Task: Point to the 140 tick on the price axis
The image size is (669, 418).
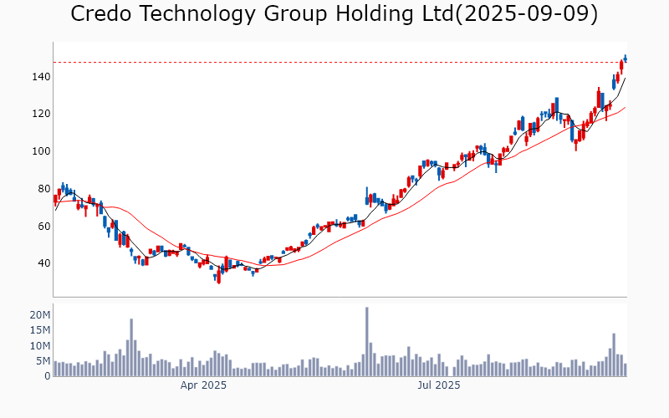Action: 42,76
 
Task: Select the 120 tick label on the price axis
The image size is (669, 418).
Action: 42,114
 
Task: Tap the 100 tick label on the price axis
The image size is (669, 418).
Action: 42,151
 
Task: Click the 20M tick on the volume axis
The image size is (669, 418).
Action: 41,314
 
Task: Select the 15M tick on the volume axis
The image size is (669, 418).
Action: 41,330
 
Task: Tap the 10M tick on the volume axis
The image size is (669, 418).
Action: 41,345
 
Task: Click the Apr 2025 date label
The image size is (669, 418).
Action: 204,385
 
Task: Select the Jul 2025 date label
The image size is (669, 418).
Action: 439,385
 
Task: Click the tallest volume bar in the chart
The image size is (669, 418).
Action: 366,342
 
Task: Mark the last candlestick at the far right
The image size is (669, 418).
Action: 625,58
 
